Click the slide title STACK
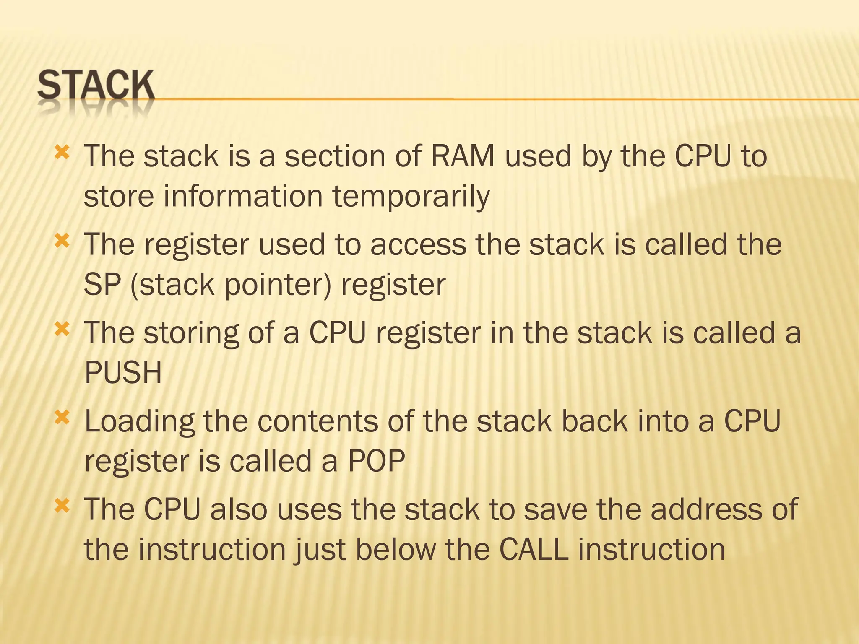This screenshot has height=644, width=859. coord(96,86)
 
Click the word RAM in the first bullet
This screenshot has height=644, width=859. coord(463,156)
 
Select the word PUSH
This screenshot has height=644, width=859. coord(123,372)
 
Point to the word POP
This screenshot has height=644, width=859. coord(376,461)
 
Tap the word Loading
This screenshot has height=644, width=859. coord(140,421)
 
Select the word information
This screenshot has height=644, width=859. coord(242,196)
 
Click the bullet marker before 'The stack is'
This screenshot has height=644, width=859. coord(62,152)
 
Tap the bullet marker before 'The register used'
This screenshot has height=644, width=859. coord(62,241)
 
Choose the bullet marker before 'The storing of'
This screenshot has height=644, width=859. coord(62,329)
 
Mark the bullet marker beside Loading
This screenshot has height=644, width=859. coord(62,417)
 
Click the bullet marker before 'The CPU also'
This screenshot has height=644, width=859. coord(62,506)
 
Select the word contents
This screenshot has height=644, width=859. coord(318,421)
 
